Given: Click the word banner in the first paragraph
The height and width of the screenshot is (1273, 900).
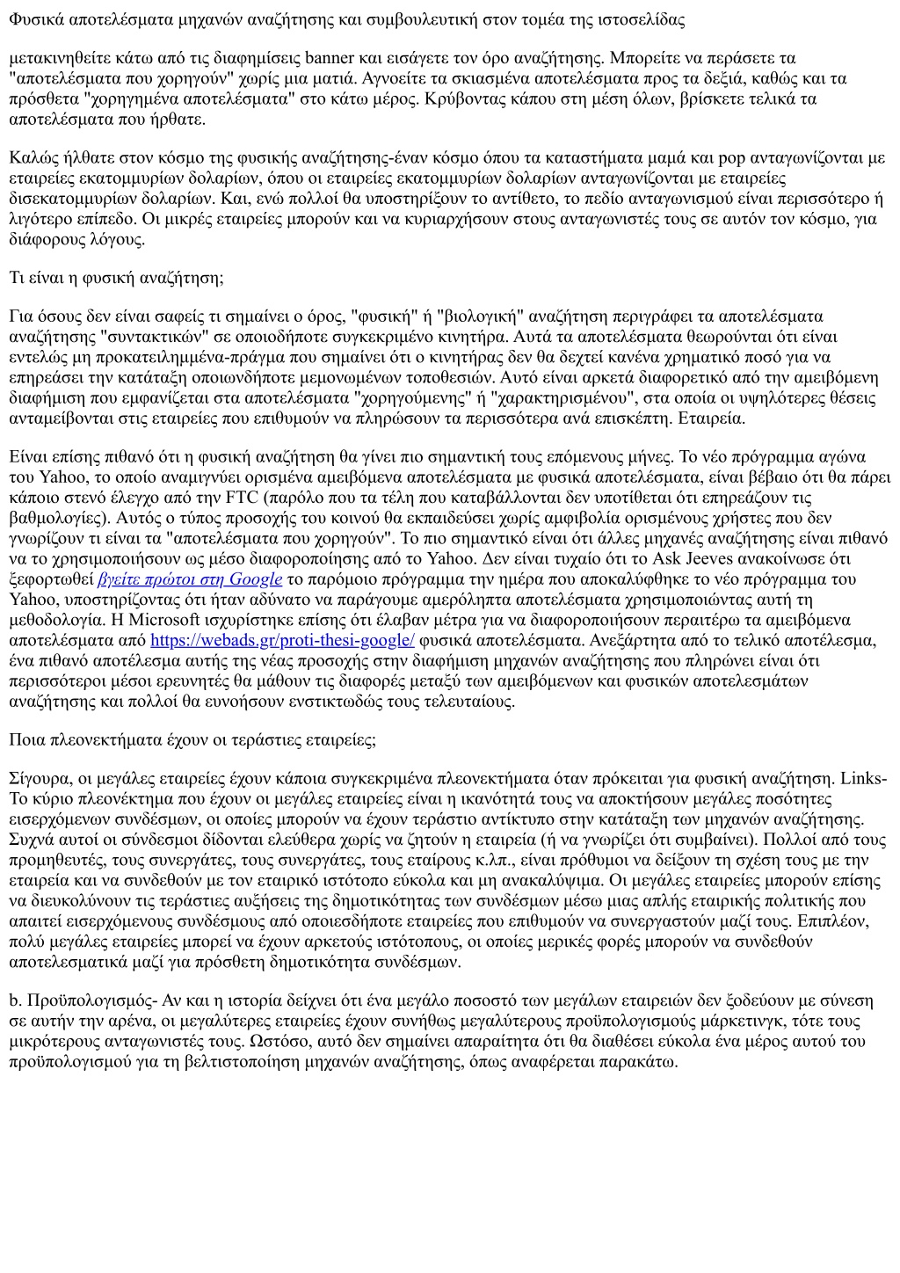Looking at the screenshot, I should pos(328,58).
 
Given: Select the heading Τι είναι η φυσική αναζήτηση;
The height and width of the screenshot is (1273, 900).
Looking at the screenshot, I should pos(116,278).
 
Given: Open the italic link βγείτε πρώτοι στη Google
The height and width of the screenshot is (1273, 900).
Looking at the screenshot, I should pos(191,578).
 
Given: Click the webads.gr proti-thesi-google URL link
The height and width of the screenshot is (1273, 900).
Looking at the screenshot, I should pos(282,640).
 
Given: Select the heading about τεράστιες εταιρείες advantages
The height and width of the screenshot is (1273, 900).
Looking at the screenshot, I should pos(192,739).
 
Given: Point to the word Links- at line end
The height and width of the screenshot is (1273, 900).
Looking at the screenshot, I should pos(864,778).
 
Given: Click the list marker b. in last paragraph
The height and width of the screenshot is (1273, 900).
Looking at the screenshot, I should pos(15,1000).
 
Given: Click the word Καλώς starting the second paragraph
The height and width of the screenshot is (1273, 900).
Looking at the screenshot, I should pos(32,158).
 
